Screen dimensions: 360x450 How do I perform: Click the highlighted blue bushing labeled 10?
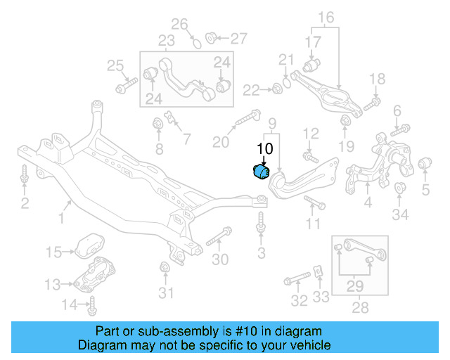click(260, 172)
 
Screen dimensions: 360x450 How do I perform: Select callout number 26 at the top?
click(181, 25)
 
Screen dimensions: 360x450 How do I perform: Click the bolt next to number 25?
click(126, 87)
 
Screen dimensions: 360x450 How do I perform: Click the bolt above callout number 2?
click(25, 176)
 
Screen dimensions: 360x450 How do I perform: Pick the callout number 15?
click(54, 251)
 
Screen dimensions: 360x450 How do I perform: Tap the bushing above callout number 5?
click(425, 165)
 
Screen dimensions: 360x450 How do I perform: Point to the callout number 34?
click(400, 214)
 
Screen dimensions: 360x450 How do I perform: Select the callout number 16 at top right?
click(326, 17)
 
